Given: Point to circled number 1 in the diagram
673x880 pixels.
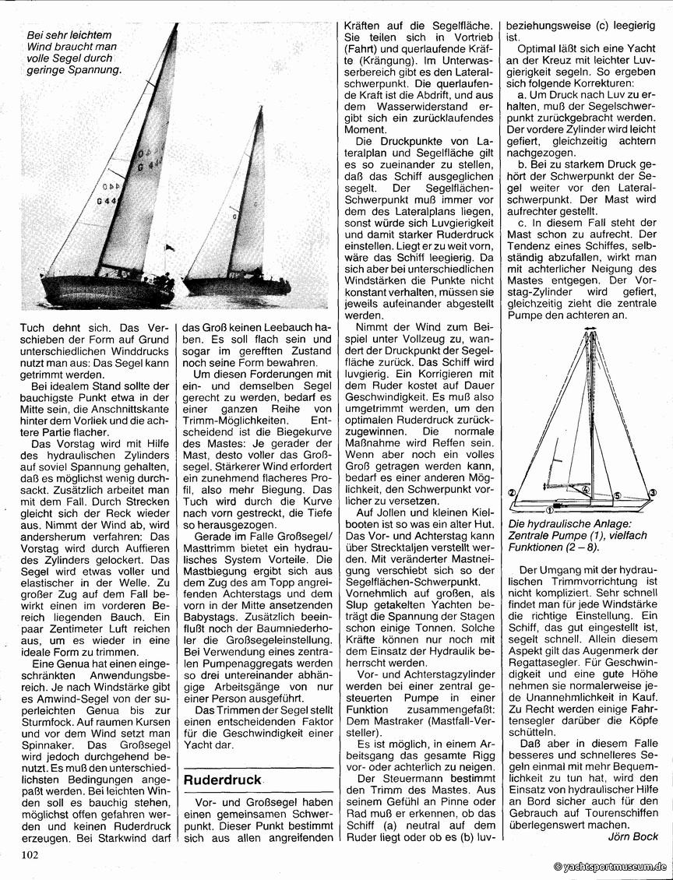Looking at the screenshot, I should click(x=550, y=511).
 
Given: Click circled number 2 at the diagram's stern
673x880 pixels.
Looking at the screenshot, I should click(x=512, y=492).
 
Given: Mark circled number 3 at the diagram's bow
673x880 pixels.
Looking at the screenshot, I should click(x=653, y=492).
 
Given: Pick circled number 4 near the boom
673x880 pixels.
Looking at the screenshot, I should click(x=584, y=490).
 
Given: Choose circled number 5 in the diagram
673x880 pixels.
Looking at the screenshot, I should click(x=617, y=495).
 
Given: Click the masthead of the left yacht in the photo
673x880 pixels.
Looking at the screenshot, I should click(x=176, y=26).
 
